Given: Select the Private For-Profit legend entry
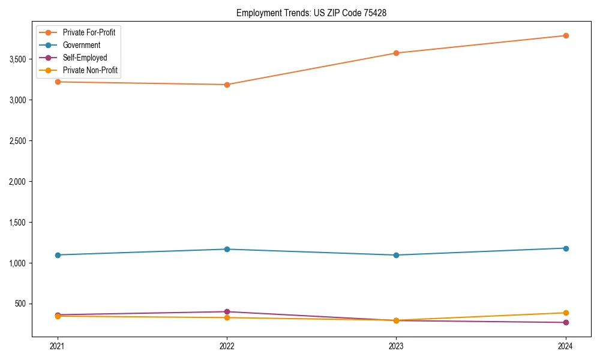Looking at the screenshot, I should pyautogui.click(x=89, y=32).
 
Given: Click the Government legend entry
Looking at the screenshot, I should pyautogui.click(x=82, y=45).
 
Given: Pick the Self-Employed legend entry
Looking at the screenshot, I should pyautogui.click(x=85, y=58).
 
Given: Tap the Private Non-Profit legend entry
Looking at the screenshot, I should pyautogui.click(x=90, y=71).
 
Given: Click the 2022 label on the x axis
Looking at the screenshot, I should pyautogui.click(x=227, y=346).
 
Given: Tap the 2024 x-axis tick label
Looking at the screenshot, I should pyautogui.click(x=565, y=346).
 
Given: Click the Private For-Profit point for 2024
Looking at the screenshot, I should pyautogui.click(x=565, y=35).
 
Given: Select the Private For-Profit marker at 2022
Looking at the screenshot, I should pyautogui.click(x=227, y=85).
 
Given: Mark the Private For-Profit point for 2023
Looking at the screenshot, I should pyautogui.click(x=396, y=53).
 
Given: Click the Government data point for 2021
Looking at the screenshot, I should pyautogui.click(x=58, y=255).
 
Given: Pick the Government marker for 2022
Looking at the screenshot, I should pyautogui.click(x=227, y=249).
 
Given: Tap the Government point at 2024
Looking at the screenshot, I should pyautogui.click(x=565, y=248).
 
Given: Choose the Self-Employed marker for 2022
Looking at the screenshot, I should pyautogui.click(x=227, y=311).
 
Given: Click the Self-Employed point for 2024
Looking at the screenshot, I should pyautogui.click(x=565, y=322).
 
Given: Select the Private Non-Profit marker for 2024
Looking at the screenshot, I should pyautogui.click(x=565, y=313).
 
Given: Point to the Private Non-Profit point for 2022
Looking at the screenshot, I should pyautogui.click(x=227, y=317).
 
